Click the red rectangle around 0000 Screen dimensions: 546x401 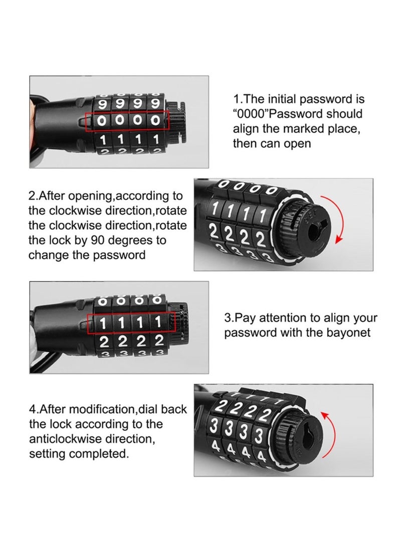point(128,121)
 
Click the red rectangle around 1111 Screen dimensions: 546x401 point(131,323)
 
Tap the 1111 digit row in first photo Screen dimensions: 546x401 point(129,138)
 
